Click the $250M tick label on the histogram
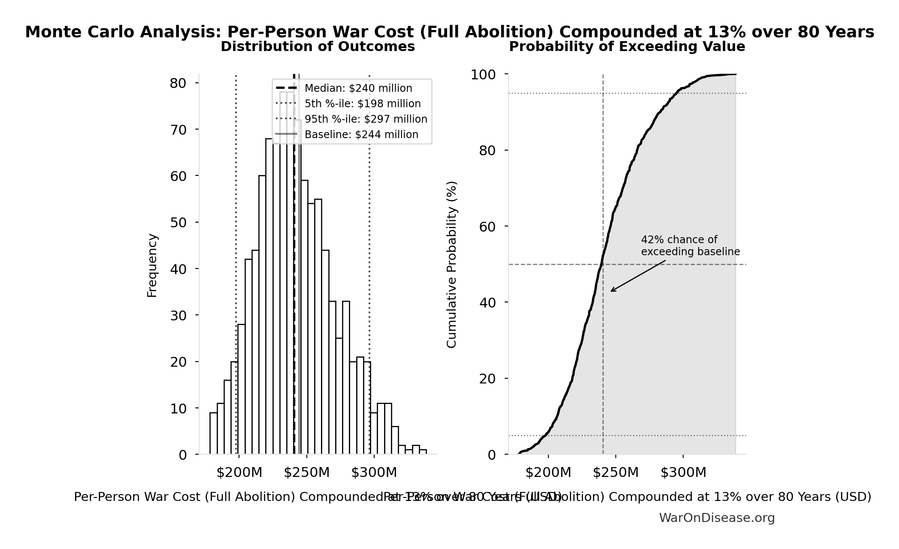(306, 473)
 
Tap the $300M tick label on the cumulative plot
(683, 473)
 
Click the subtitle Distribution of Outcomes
(318, 46)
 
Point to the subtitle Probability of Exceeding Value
(627, 46)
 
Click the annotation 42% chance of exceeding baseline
(690, 246)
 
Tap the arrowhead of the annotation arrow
(612, 291)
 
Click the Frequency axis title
(152, 265)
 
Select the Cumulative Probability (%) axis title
(451, 264)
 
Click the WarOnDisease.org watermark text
(717, 518)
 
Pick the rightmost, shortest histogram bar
(423, 452)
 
